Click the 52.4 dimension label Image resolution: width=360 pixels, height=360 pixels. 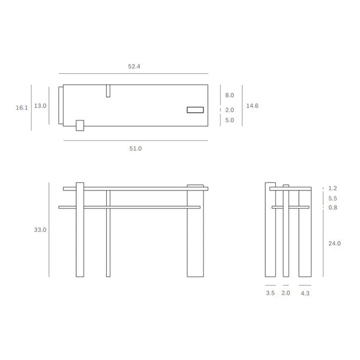(135, 67)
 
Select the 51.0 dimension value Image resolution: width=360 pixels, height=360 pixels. (135, 148)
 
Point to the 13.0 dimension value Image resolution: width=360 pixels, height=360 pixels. (40, 106)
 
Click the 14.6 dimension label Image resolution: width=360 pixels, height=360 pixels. (252, 106)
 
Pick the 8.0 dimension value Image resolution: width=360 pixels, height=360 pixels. (229, 95)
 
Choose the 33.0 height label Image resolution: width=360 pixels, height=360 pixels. (40, 230)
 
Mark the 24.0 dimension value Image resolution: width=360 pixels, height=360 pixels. (334, 243)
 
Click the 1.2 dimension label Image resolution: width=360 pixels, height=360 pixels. (333, 189)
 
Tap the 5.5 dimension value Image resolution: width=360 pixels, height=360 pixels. (333, 198)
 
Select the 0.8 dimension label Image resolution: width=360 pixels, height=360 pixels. (333, 207)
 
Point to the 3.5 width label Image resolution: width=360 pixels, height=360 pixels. (270, 293)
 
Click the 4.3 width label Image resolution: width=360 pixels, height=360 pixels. (305, 293)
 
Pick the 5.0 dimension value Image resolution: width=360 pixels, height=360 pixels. (229, 120)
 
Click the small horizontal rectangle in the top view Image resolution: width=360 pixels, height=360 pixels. (195, 110)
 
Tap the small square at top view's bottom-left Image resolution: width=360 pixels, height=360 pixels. (79, 125)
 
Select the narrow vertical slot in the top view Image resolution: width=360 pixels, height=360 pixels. (108, 91)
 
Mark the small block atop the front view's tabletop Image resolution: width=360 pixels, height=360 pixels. (195, 185)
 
